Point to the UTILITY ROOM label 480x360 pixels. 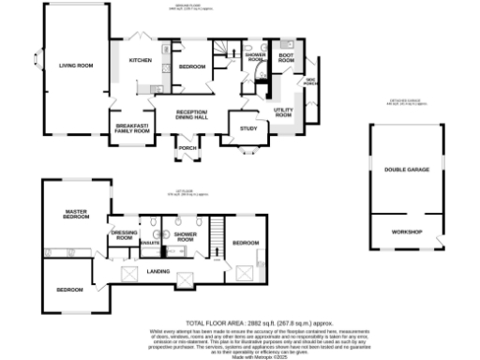[284, 112]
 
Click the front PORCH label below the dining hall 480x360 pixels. [187, 147]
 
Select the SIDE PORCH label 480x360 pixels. [310, 82]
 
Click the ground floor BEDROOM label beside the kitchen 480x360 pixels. [192, 67]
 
